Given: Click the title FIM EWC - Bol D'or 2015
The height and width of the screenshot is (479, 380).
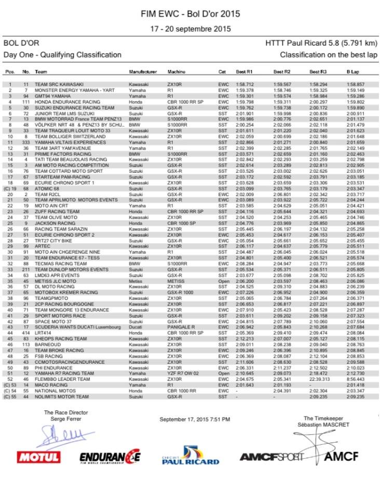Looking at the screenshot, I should [x=190, y=14].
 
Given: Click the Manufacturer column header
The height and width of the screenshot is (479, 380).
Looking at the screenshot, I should [x=143, y=71].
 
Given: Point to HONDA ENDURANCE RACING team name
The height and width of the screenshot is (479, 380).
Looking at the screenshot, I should [x=67, y=102].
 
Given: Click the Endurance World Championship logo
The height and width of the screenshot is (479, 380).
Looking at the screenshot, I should [x=110, y=457].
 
